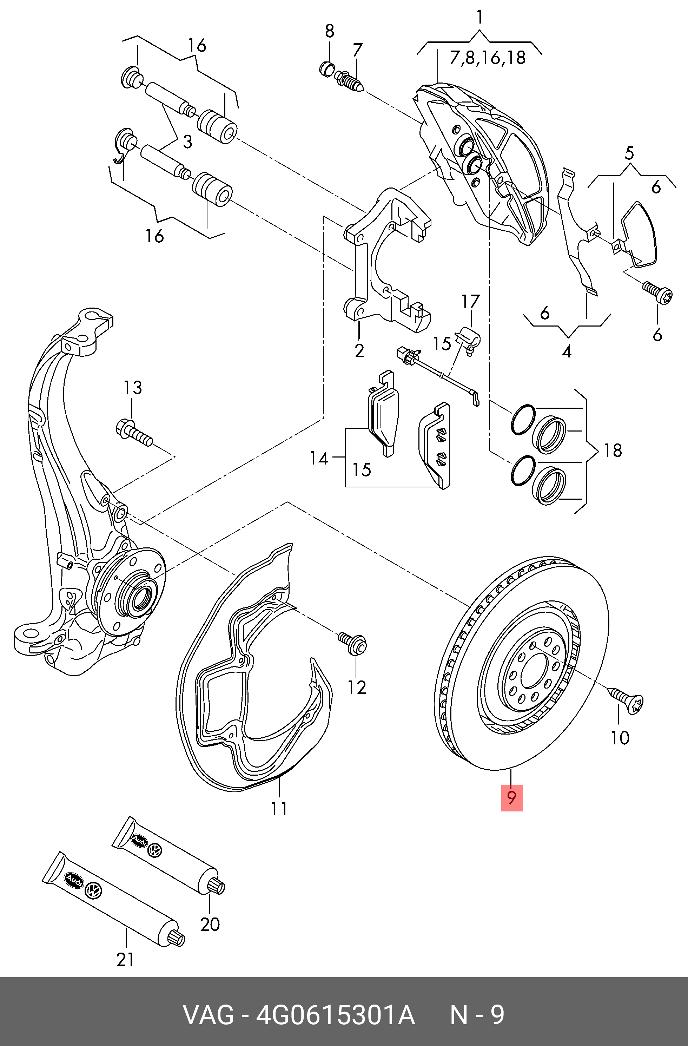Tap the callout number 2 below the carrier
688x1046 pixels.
(x=359, y=351)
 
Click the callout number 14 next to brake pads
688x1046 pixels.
(x=318, y=459)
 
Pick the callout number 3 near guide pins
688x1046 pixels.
(x=187, y=142)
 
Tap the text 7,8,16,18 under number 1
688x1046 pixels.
(x=488, y=58)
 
